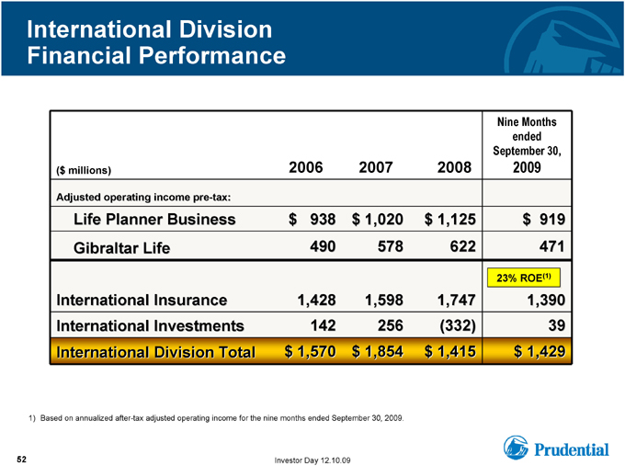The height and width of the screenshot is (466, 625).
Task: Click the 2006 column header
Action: click(x=306, y=167)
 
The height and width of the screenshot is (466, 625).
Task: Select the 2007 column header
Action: click(x=376, y=167)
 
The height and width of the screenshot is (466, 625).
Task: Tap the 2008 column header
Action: click(x=454, y=167)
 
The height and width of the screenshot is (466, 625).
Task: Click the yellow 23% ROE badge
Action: click(x=524, y=278)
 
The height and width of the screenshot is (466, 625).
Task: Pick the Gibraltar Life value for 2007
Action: click(x=391, y=246)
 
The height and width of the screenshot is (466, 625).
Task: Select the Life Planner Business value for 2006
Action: click(x=312, y=220)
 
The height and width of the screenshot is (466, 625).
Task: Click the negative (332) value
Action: click(x=458, y=325)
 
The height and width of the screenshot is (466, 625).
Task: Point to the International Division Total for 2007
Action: click(x=378, y=352)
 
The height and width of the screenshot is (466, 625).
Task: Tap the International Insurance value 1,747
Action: click(x=457, y=300)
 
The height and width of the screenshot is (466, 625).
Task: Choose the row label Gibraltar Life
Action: click(x=121, y=248)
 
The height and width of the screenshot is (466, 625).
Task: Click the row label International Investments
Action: click(x=150, y=325)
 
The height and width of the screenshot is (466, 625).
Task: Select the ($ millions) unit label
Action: click(x=84, y=171)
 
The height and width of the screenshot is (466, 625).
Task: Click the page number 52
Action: click(x=21, y=460)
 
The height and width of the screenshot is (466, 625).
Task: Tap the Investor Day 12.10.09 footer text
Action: click(x=312, y=460)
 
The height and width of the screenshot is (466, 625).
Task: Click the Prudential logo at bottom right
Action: click(x=556, y=448)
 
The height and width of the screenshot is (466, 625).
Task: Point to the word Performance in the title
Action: click(x=212, y=55)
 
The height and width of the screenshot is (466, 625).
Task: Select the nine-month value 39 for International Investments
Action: click(x=556, y=325)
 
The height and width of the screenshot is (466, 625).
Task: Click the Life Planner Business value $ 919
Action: click(x=544, y=220)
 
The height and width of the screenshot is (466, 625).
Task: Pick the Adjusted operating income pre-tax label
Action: click(x=143, y=198)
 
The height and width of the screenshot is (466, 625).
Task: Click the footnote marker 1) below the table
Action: click(x=32, y=418)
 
